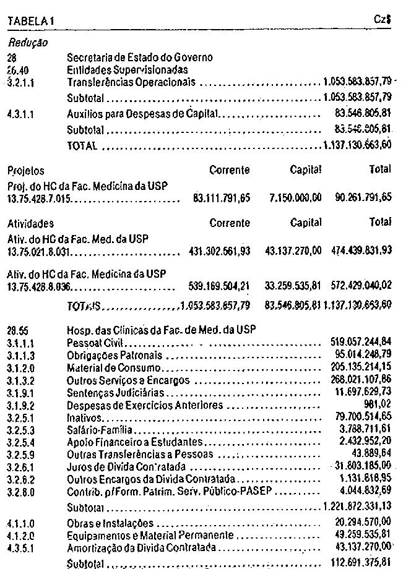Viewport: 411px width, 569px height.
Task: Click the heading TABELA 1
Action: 31,21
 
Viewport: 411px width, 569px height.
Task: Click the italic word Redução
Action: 28,43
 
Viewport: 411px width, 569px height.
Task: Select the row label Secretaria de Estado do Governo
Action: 139,58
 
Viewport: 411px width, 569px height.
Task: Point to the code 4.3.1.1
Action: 20,114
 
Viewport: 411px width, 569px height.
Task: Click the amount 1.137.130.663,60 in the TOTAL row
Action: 357,146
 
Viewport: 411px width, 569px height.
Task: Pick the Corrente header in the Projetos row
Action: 230,170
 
